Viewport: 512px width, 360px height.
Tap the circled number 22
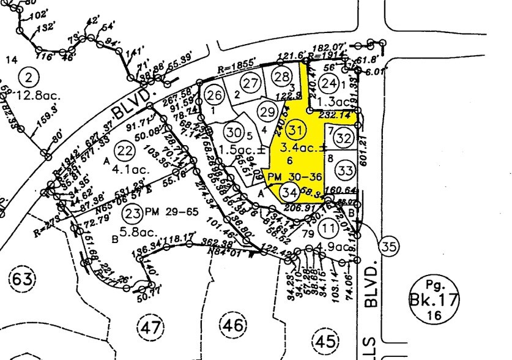(125, 151)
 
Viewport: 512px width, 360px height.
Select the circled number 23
(133, 213)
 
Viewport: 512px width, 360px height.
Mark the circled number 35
(388, 246)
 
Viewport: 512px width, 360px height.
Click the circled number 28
(281, 77)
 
